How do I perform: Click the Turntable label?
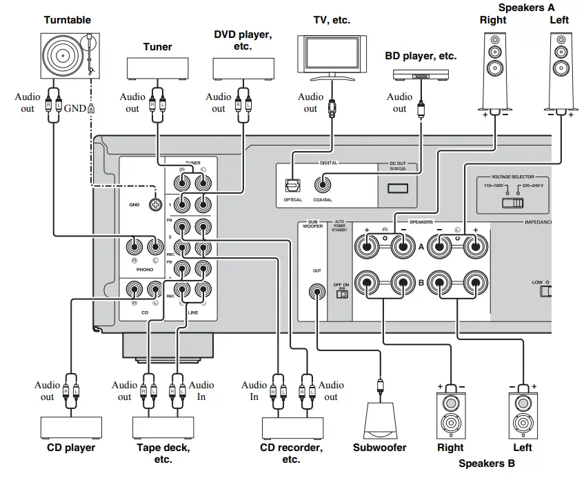pyautogui.click(x=67, y=20)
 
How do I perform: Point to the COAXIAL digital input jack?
pyautogui.click(x=322, y=185)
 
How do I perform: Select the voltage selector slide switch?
pyautogui.click(x=514, y=203)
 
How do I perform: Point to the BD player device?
pyautogui.click(x=420, y=74)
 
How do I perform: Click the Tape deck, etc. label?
pyautogui.click(x=163, y=453)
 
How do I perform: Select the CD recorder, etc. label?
pyautogui.click(x=290, y=453)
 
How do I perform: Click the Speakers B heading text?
pyautogui.click(x=486, y=463)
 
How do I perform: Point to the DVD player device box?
pyautogui.click(x=241, y=69)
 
